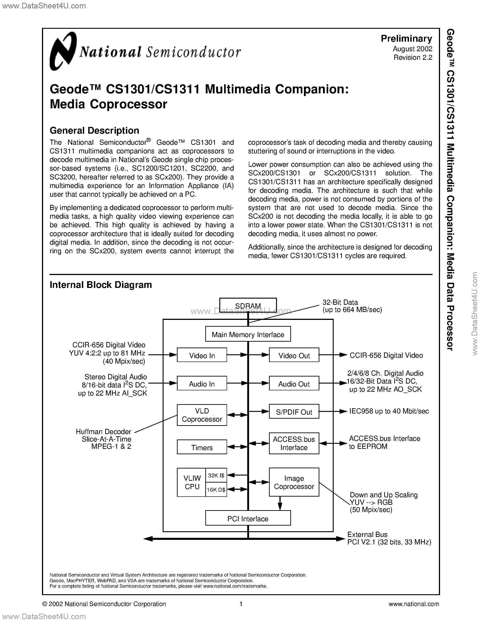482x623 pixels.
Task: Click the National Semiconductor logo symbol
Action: pyautogui.click(x=63, y=51)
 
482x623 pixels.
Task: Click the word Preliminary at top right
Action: pyautogui.click(x=406, y=39)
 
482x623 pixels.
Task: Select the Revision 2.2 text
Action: pyautogui.click(x=413, y=57)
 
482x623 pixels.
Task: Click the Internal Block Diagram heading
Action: pyautogui.click(x=100, y=285)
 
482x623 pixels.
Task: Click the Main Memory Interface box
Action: pyautogui.click(x=248, y=334)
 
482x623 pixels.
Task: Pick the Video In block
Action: pyautogui.click(x=202, y=355)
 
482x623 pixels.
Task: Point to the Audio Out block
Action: pyautogui.click(x=294, y=384)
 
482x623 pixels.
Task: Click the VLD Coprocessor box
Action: pyautogui.click(x=202, y=415)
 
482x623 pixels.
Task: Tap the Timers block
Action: pyautogui.click(x=202, y=447)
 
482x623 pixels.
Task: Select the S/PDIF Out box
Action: pyautogui.click(x=294, y=412)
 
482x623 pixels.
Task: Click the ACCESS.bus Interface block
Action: pyautogui.click(x=294, y=443)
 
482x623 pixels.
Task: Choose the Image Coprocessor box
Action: pyautogui.click(x=294, y=482)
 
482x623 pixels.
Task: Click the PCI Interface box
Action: pyautogui.click(x=248, y=518)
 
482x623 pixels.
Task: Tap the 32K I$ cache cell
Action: pyautogui.click(x=216, y=475)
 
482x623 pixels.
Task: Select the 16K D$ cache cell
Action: pyautogui.click(x=216, y=490)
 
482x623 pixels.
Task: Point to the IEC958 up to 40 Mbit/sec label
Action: pyautogui.click(x=389, y=411)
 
